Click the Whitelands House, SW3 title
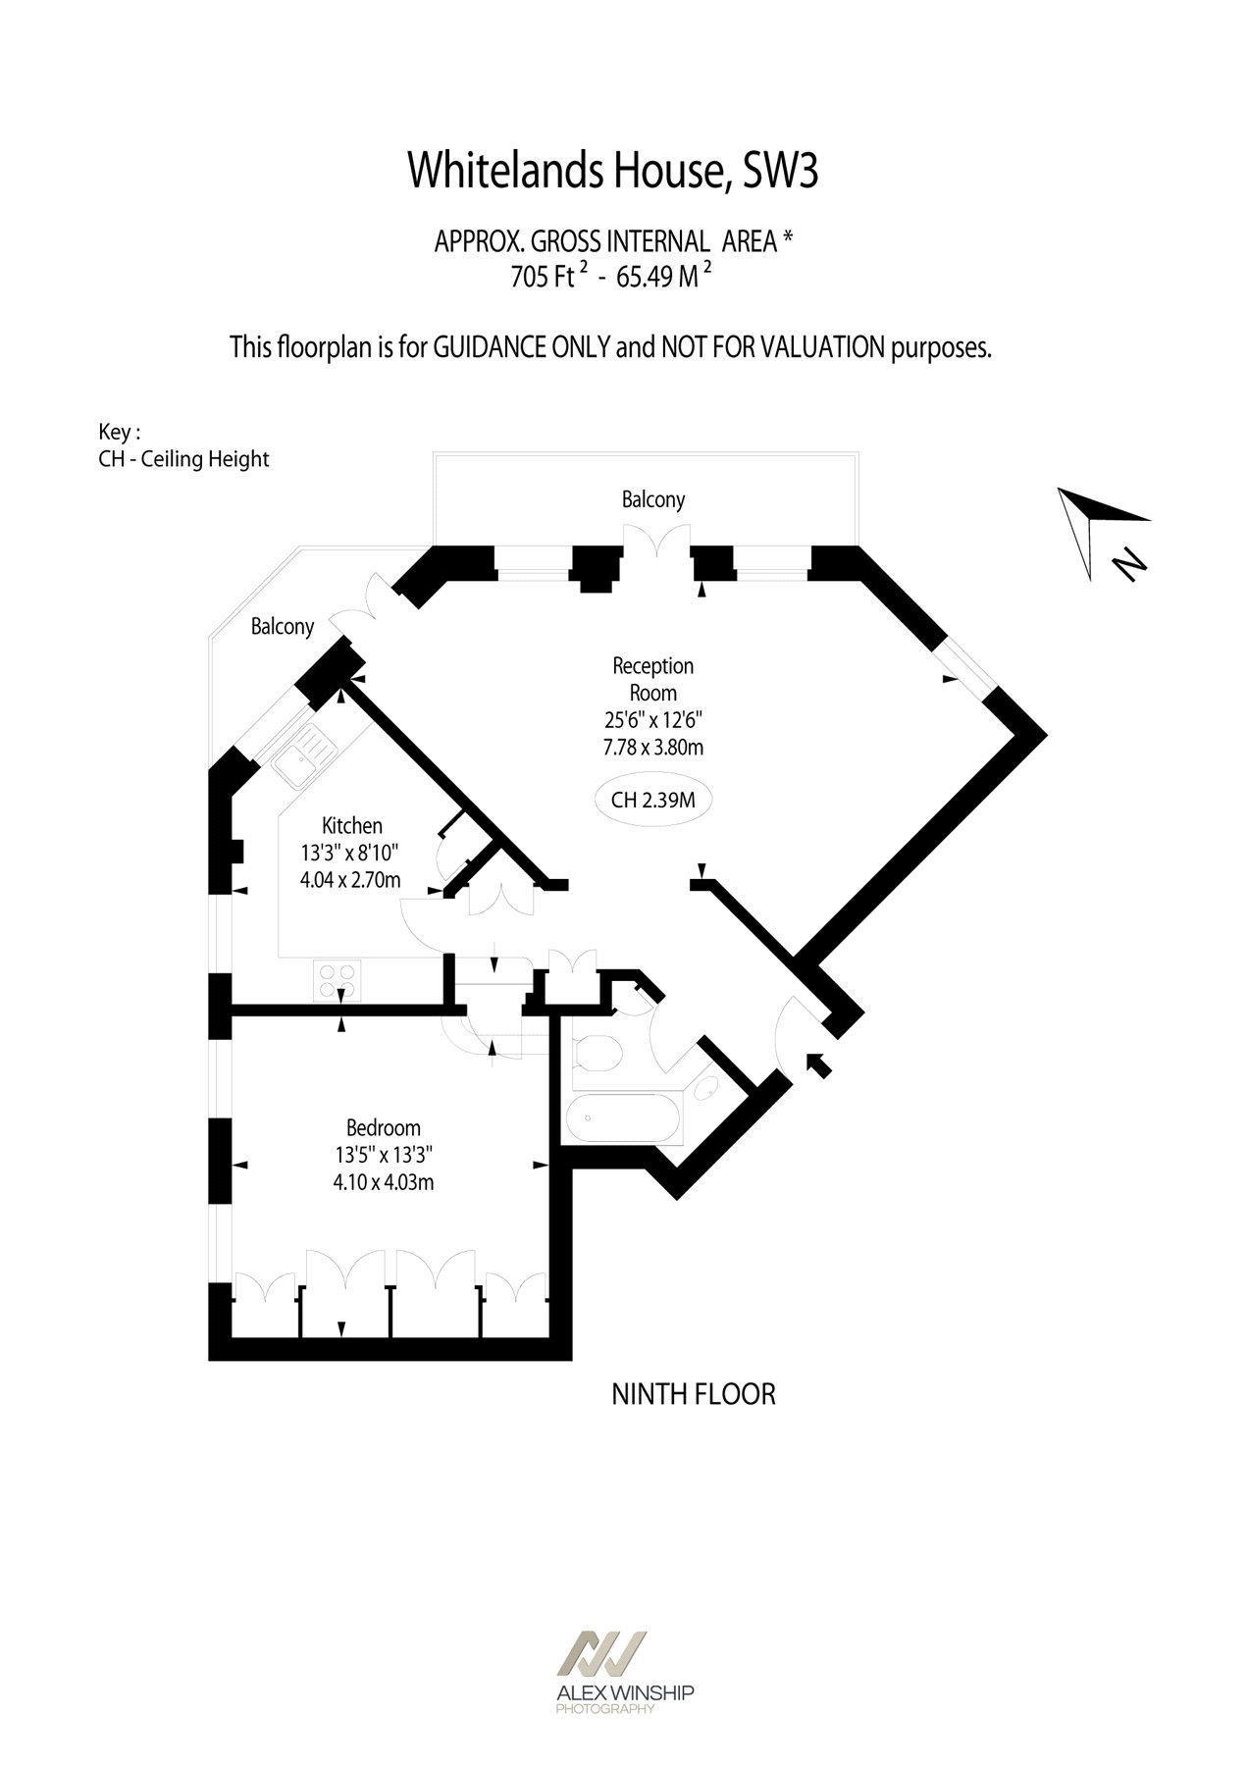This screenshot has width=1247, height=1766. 612,171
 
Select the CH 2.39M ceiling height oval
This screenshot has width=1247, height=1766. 652,800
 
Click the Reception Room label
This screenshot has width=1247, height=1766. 653,679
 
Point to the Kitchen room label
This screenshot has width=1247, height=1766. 351,826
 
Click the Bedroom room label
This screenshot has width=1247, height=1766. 383,1128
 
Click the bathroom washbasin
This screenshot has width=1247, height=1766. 704,1089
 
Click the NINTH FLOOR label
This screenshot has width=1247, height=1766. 693,1394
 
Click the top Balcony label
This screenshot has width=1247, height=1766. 652,499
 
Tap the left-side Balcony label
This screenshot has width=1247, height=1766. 282,627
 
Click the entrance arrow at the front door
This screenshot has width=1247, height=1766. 818,1065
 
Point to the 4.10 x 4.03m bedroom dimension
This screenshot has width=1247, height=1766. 383,1182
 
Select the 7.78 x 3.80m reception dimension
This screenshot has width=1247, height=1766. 652,747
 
